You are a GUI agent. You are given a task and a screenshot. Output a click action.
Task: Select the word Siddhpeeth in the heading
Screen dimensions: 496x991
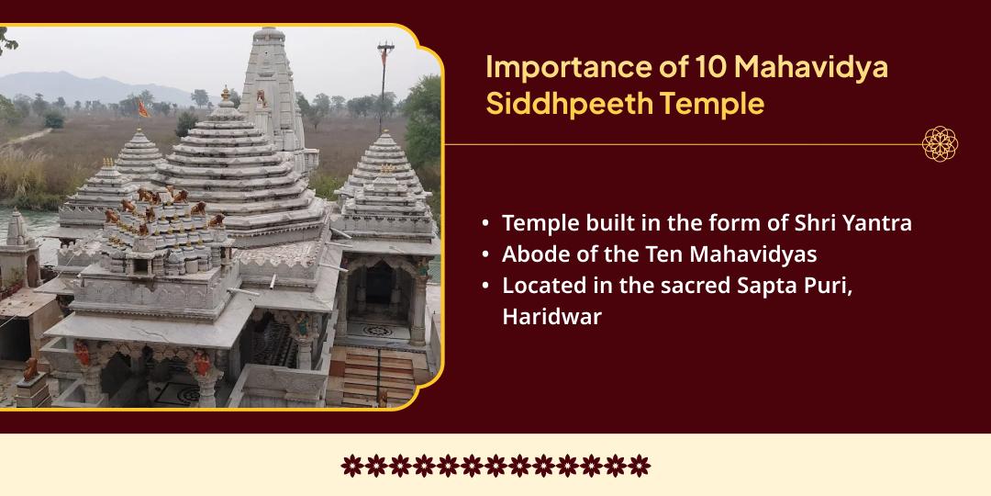pos(551,104)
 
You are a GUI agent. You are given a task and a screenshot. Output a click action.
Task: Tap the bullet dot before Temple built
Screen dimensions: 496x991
pos(484,223)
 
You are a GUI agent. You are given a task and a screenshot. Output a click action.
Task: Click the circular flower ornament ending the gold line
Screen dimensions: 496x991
pos(940,144)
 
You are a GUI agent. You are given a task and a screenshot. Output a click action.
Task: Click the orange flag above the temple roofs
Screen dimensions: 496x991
pos(142,107)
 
